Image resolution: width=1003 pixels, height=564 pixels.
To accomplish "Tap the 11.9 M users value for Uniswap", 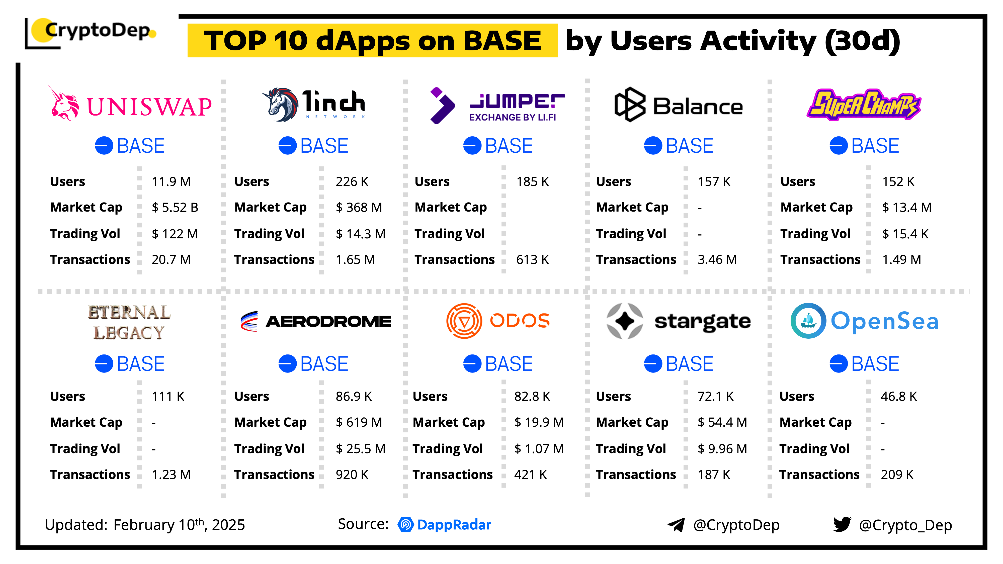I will [171, 181].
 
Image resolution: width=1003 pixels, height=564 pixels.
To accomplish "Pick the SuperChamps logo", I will [863, 104].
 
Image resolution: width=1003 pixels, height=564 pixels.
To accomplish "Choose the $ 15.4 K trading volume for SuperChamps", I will [905, 234].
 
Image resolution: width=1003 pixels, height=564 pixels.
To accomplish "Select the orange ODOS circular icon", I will [464, 321].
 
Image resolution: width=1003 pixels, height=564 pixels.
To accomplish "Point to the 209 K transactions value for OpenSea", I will [897, 475].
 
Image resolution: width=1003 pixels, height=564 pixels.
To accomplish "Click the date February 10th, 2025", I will [179, 525].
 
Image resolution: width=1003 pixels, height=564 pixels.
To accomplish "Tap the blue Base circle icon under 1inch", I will [287, 146].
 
